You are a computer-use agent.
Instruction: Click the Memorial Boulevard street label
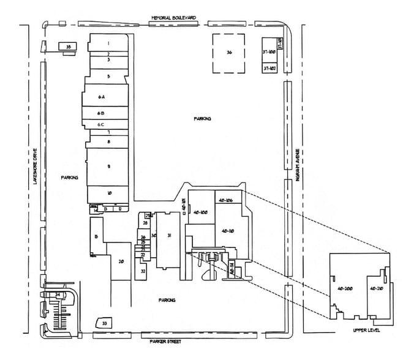point(173,18)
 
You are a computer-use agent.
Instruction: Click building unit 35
point(68,47)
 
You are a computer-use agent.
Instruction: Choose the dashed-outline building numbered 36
point(230,53)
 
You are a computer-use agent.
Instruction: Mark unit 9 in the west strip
point(108,166)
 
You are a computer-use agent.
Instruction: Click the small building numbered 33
point(105,322)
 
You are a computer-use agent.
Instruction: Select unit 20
point(121,261)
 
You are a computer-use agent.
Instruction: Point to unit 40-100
point(201,212)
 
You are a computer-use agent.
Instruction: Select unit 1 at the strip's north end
point(108,43)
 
